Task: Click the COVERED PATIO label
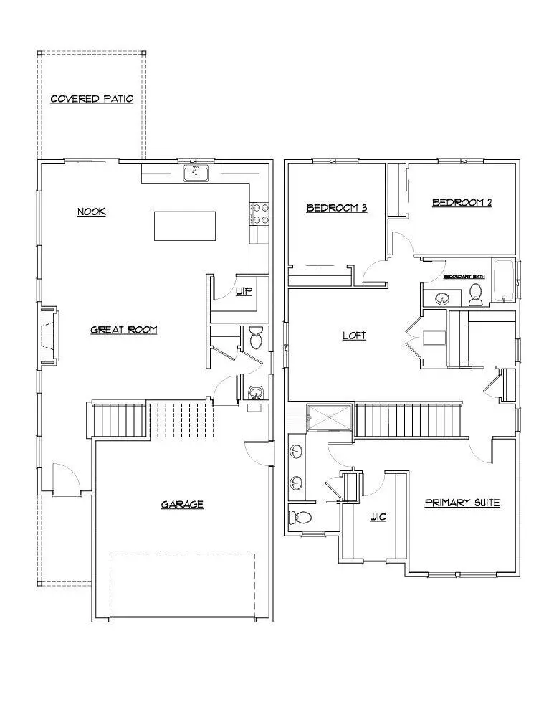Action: [92, 99]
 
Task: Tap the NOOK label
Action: [92, 212]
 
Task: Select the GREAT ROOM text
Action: [123, 330]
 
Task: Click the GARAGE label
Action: [182, 505]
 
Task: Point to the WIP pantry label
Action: [244, 292]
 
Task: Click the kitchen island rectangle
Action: [185, 226]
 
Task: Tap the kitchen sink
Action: [195, 173]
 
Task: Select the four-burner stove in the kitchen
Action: [259, 214]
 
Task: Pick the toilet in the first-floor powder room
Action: [254, 337]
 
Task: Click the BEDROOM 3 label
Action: [337, 209]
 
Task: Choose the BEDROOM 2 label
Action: [462, 203]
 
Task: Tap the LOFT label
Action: [354, 335]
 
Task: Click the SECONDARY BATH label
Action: [464, 276]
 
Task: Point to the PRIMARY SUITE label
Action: [462, 503]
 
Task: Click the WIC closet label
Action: [378, 516]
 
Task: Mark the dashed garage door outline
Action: [182, 584]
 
